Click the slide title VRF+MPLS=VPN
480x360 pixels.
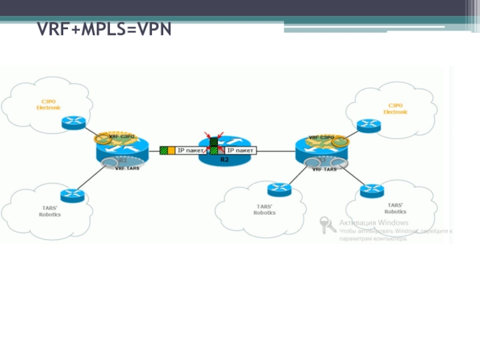point(104,29)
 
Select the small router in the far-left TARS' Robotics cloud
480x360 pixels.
point(73,195)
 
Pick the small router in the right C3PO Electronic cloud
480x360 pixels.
point(368,125)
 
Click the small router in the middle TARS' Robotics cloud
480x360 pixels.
point(278,189)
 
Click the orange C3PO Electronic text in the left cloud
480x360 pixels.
point(48,104)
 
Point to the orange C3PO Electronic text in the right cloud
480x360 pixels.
point(395,109)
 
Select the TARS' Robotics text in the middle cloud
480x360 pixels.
point(265,209)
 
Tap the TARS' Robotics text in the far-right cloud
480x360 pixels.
point(395,208)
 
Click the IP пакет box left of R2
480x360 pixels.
point(190,150)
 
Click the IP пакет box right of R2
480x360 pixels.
point(240,150)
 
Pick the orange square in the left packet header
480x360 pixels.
point(171,150)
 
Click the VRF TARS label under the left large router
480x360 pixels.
point(127,169)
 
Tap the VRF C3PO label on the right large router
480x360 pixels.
point(321,137)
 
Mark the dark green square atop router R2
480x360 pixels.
point(214,142)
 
